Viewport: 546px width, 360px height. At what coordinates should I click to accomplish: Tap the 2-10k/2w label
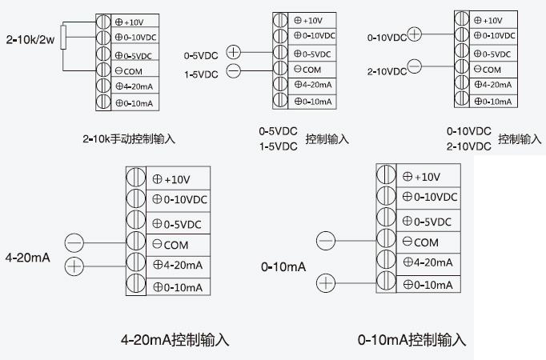(x=29, y=38)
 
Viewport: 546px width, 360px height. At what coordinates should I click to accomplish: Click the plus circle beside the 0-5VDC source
(x=233, y=52)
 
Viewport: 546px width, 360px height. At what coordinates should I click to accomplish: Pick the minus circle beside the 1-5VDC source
(x=233, y=71)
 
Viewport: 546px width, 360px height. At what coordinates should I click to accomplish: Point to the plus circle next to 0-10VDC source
(x=415, y=34)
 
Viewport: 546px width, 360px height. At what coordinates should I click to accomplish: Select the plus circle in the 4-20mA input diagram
(x=74, y=266)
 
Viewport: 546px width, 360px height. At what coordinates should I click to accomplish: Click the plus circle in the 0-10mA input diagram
(x=326, y=282)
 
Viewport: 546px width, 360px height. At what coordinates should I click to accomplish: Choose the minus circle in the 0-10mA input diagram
(x=326, y=240)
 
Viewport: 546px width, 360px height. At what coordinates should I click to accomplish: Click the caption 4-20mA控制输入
(x=175, y=340)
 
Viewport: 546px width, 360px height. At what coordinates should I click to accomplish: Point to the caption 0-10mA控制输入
(x=412, y=340)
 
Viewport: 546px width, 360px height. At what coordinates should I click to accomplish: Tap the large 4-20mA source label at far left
(x=28, y=258)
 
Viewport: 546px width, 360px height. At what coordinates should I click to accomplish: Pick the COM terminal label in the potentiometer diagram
(x=132, y=70)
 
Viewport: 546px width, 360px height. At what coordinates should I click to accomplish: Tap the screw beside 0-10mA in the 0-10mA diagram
(x=387, y=284)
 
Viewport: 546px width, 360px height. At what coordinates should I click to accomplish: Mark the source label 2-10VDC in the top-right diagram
(x=387, y=71)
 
